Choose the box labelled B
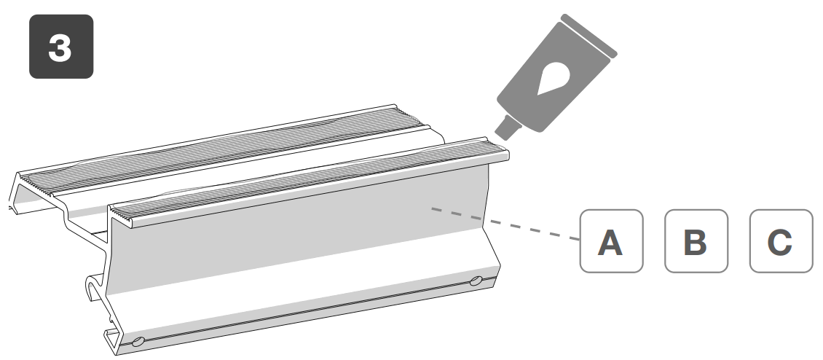click(696, 242)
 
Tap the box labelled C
click(780, 242)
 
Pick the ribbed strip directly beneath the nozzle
click(313, 181)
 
